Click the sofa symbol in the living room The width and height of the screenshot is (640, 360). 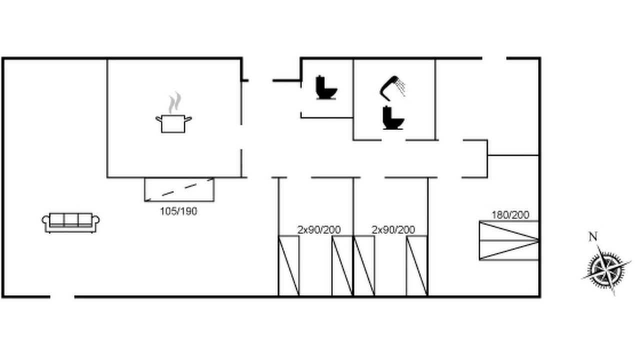71,223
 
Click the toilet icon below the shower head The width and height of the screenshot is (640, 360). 393,117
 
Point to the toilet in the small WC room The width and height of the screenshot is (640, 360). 326,87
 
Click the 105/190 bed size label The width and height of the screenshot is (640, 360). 178,211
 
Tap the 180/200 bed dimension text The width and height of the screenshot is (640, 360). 510,215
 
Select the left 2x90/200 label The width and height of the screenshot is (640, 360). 319,229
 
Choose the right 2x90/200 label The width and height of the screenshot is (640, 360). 393,229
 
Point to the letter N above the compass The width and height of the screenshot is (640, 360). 593,236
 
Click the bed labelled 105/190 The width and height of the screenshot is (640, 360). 179,189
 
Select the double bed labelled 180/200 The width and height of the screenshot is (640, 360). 509,240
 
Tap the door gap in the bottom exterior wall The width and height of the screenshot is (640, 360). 62,297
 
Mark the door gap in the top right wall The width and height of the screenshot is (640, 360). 494,58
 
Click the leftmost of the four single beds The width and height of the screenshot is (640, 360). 289,266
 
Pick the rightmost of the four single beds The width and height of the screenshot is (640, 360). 417,266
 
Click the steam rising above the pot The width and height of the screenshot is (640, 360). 175,102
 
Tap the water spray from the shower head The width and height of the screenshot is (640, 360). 400,87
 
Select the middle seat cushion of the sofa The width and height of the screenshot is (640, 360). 71,220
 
